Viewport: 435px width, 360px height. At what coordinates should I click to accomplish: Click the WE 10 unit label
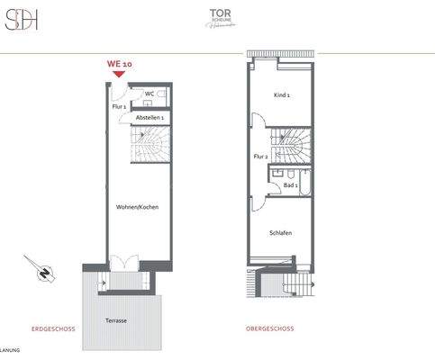click(120, 65)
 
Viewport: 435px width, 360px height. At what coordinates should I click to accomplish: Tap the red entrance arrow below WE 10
click(120, 76)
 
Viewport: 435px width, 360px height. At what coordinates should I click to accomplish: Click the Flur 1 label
click(119, 107)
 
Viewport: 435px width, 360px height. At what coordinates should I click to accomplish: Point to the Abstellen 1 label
click(149, 118)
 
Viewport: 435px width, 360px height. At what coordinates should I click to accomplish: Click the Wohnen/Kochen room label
click(137, 207)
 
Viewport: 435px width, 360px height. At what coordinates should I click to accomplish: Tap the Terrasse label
click(116, 320)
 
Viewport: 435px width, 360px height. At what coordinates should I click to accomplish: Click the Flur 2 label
click(261, 157)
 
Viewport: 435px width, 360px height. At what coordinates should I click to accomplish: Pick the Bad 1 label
click(290, 184)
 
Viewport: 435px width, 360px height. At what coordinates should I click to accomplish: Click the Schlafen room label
click(280, 233)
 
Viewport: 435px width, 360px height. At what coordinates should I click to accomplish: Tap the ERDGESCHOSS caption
click(53, 329)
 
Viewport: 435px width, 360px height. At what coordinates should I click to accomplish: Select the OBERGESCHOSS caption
click(267, 329)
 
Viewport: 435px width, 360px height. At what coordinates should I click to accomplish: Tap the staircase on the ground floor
click(150, 144)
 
